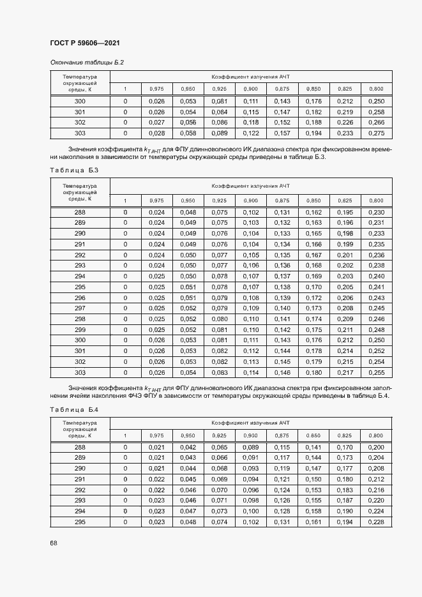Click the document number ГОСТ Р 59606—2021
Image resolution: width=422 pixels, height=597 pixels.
85,43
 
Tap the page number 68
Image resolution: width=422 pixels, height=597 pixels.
54,543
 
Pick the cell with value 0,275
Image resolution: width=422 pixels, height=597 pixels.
377,133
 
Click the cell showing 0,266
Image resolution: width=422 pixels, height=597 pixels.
377,123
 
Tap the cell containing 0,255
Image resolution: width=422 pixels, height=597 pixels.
377,372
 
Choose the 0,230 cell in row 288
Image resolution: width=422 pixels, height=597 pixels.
377,212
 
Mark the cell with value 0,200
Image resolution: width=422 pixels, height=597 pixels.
377,448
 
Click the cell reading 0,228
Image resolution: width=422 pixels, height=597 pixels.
377,522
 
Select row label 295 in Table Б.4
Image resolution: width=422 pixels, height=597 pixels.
80,522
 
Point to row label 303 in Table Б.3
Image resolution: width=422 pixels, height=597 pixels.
80,372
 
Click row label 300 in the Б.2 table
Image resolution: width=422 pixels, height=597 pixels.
80,102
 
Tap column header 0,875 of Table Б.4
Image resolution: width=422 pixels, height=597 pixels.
282,435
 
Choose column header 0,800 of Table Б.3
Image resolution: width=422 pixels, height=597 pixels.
377,200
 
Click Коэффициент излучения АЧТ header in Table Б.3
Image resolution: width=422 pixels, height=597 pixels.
251,186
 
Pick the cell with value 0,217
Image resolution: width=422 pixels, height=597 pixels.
345,372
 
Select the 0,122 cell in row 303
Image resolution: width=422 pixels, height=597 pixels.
251,133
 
